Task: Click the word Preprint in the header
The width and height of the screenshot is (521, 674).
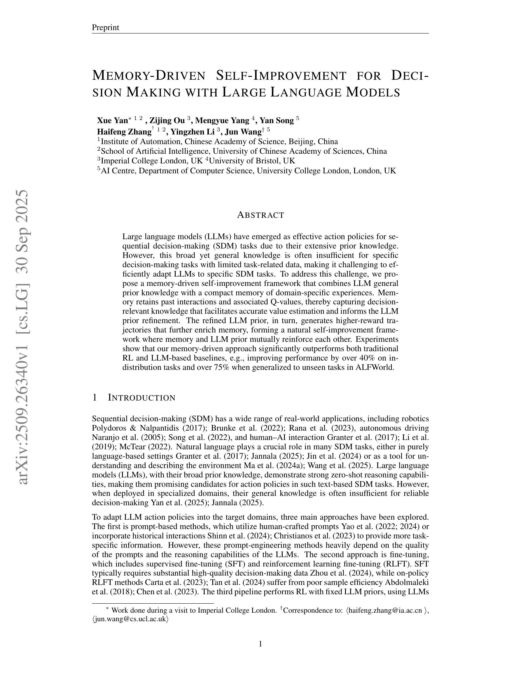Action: tap(105, 28)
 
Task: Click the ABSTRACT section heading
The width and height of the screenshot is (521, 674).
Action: tap(260, 215)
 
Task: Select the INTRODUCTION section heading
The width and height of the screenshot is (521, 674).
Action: tap(141, 398)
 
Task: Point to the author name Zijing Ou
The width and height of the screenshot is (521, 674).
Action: tap(167, 120)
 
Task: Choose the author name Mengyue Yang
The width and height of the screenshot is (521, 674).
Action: tap(222, 120)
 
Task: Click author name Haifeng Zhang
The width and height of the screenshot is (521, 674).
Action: tap(124, 132)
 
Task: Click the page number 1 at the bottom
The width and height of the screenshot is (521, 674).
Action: tap(260, 644)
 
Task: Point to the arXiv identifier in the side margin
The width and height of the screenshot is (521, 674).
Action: tap(24, 336)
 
